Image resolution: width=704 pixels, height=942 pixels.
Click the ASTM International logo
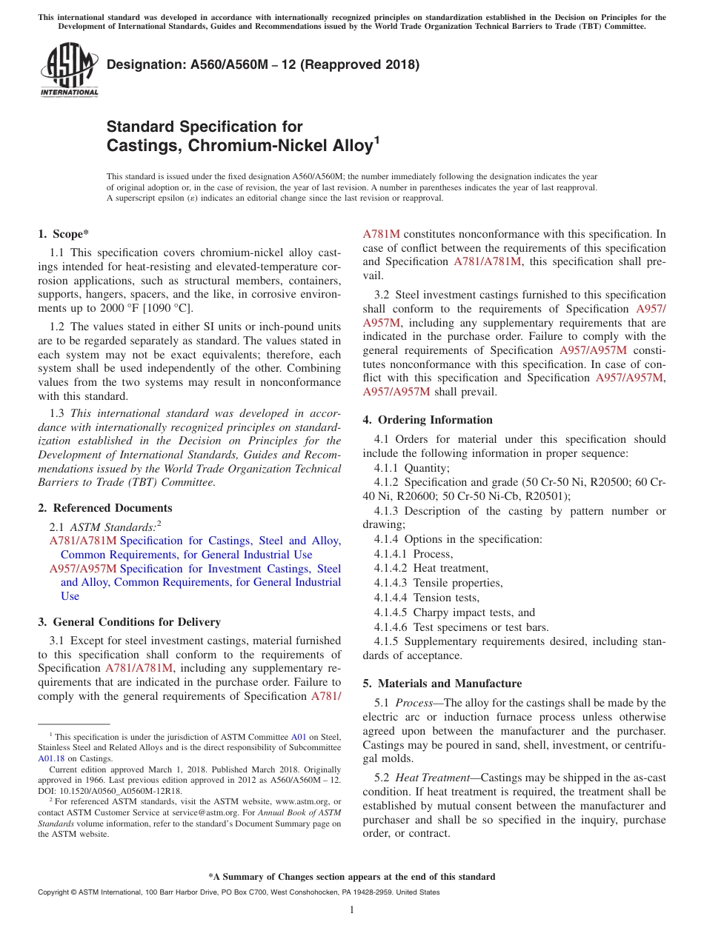click(x=69, y=71)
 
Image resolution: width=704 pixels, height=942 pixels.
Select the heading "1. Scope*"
click(x=63, y=234)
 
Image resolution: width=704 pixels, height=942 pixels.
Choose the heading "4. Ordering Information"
click(x=428, y=420)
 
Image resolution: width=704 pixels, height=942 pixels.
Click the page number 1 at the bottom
click(x=351, y=910)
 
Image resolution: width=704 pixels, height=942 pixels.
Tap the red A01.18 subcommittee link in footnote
click(x=51, y=758)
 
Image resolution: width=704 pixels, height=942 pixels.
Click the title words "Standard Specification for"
click(x=205, y=127)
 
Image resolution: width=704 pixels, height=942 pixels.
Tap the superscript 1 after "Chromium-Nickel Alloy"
click(x=377, y=140)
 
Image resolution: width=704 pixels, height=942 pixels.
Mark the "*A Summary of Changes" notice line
click(x=351, y=877)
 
